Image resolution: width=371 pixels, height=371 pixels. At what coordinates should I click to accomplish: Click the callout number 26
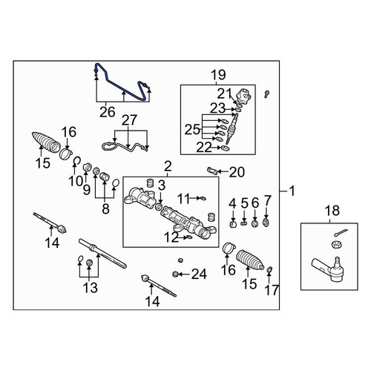coord(108,112)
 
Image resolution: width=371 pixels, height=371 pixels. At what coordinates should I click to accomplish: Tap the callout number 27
coord(129,120)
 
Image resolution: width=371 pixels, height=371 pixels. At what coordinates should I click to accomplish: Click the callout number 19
coord(218,74)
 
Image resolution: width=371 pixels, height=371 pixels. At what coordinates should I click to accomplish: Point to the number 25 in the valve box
coord(192,129)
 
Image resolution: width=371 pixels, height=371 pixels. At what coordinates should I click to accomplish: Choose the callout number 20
coord(237,172)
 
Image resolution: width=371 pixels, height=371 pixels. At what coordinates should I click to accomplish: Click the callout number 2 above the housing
coord(168,166)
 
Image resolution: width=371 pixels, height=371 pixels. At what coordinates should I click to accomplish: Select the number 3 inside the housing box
coord(161,185)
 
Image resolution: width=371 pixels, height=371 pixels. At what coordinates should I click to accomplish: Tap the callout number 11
coord(183,198)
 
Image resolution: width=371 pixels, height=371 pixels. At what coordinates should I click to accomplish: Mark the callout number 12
coord(171,237)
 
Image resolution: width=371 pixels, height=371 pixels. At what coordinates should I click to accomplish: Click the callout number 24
coord(199,274)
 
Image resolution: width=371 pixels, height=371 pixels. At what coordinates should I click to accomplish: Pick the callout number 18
coord(332,211)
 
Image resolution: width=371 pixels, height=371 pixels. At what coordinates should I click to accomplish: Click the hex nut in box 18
coord(337,245)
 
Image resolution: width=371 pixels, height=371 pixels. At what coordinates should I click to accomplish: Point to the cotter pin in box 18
coord(341,232)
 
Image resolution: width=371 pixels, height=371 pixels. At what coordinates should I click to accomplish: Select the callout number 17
coord(272,290)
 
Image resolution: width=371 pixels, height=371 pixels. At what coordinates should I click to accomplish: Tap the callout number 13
coord(91,288)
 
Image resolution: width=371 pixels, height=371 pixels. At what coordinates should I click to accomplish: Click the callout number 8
coord(105,209)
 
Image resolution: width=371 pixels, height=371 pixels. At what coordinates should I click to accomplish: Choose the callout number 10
coord(76,181)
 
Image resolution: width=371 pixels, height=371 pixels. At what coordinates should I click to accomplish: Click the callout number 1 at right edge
coord(292,191)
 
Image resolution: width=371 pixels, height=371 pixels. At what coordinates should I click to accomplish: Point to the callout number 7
coord(267,200)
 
